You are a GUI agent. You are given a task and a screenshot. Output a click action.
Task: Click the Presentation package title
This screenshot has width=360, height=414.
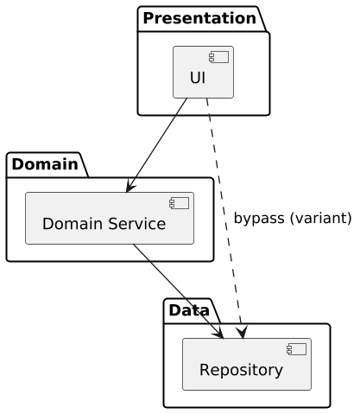click(x=200, y=18)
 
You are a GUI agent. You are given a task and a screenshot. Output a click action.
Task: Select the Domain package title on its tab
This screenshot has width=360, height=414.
click(x=45, y=163)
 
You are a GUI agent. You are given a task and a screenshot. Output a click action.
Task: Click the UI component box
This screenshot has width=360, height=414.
click(x=204, y=73)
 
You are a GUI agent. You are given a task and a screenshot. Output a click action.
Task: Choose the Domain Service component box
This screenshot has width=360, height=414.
click(x=110, y=219)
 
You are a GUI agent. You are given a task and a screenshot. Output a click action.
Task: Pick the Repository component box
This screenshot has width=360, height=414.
click(x=247, y=364)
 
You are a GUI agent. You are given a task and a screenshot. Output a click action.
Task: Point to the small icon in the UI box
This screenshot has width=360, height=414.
click(x=221, y=57)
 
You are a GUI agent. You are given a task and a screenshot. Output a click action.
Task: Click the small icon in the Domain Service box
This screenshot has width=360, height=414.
click(x=181, y=203)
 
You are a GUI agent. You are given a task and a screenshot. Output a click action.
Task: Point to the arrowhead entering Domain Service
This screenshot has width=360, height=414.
click(x=129, y=187)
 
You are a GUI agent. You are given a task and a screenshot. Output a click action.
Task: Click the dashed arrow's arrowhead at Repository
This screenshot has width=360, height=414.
click(x=241, y=332)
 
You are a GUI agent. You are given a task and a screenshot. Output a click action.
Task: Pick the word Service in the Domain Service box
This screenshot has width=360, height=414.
click(x=137, y=225)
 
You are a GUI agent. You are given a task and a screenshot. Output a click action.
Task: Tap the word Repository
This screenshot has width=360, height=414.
click(x=241, y=370)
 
